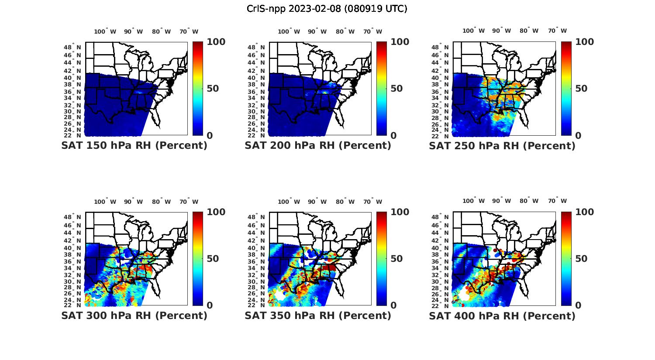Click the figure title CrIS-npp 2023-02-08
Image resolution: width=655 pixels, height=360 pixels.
point(327,9)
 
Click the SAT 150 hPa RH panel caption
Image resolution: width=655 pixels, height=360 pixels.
point(134,146)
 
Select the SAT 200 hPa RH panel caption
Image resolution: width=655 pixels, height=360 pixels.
point(318,146)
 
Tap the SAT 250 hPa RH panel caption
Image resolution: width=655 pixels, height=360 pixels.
point(502,146)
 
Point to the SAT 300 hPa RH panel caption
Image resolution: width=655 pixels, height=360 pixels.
point(134,315)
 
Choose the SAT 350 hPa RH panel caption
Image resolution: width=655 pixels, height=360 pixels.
point(318,315)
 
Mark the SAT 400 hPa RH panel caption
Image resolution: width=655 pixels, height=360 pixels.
point(502,315)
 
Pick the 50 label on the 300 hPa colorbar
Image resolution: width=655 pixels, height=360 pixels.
point(213,259)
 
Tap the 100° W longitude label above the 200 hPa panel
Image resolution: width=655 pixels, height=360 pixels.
point(289,31)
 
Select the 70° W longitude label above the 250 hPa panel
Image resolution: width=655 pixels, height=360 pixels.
point(557,31)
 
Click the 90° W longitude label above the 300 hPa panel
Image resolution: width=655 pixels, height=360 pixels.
point(133,202)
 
